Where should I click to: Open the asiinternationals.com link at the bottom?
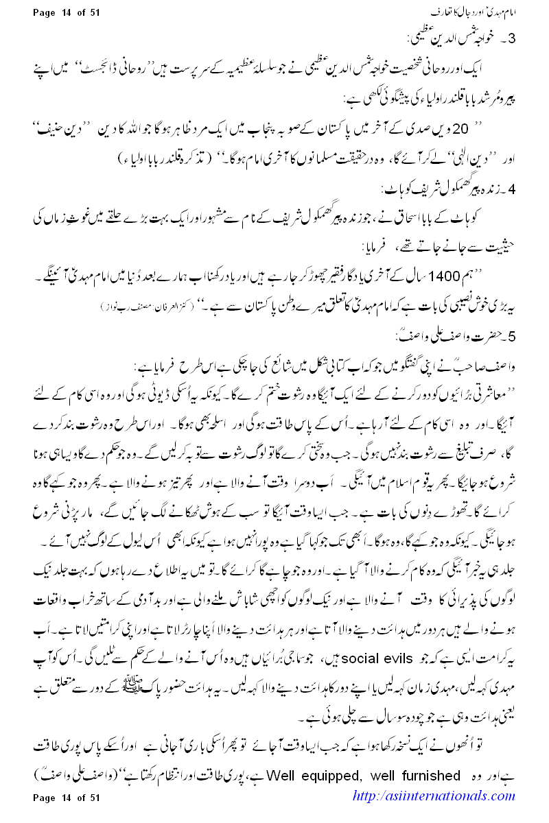(433, 796)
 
